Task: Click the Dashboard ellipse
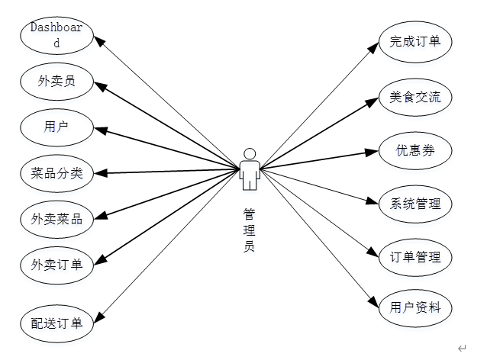click(56, 37)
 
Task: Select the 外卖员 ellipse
click(56, 80)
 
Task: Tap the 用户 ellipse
click(56, 126)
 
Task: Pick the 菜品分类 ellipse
click(56, 173)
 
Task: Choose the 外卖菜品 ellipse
click(56, 220)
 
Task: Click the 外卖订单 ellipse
click(56, 265)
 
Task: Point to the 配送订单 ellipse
click(56, 322)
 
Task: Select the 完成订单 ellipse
click(415, 41)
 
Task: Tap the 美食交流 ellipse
click(415, 97)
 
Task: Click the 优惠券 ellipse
click(415, 150)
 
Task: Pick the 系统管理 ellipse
click(415, 204)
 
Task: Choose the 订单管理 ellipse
click(415, 257)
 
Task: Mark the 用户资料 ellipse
click(415, 309)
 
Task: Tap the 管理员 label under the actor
click(250, 229)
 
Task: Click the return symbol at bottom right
click(462, 349)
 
